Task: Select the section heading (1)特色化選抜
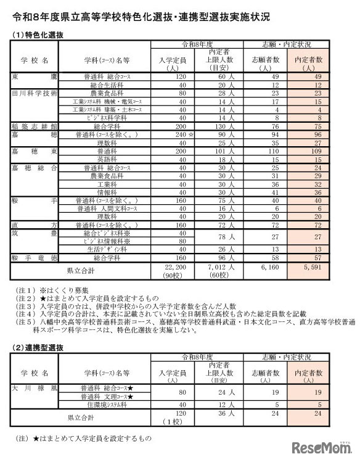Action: click(38, 36)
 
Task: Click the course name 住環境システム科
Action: click(107, 405)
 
